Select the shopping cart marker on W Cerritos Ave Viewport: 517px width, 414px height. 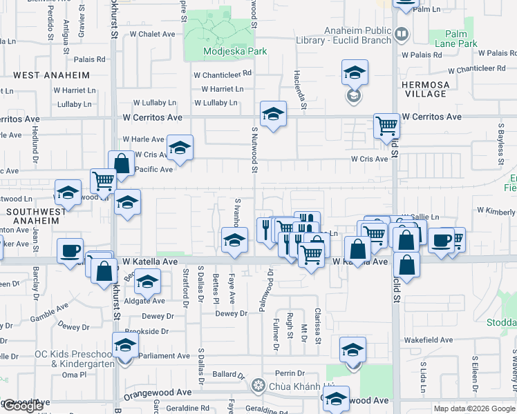click(386, 126)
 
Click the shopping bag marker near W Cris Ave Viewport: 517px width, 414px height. click(121, 164)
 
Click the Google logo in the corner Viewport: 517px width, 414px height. click(22, 406)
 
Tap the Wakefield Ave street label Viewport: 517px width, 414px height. click(426, 340)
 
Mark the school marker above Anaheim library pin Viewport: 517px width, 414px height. click(355, 72)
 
